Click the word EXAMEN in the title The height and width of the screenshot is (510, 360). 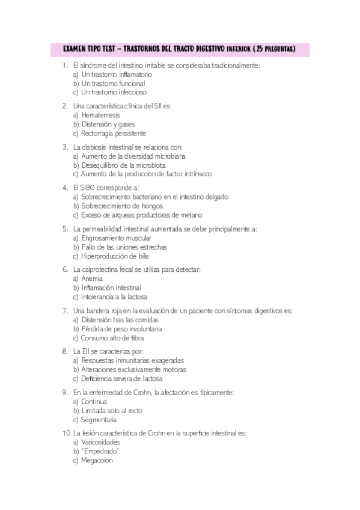click(x=76, y=48)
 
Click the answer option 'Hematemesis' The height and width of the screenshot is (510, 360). click(x=101, y=115)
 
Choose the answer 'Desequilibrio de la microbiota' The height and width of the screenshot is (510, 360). click(x=124, y=165)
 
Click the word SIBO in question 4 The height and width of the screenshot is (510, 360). click(x=87, y=187)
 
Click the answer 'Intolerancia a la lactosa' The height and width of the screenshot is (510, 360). click(x=114, y=296)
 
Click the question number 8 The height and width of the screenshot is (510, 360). click(x=64, y=351)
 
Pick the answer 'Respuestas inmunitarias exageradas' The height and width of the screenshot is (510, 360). click(x=133, y=360)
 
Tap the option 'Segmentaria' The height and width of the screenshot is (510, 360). click(x=99, y=420)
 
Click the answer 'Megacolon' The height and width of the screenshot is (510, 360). click(x=97, y=461)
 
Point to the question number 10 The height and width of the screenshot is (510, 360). click(x=66, y=432)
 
